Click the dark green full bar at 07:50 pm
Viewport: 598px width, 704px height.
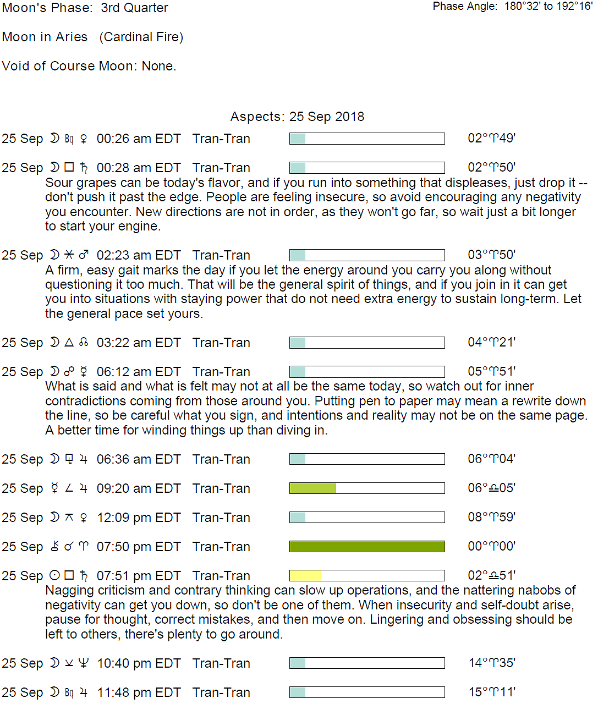coord(367,546)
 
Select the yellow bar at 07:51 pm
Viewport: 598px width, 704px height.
coord(305,575)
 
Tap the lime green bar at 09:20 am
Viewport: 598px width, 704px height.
coord(313,488)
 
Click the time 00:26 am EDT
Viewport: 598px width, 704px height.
coord(139,139)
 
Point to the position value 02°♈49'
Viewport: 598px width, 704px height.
coord(491,138)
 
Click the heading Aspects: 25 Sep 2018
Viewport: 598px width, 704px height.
coord(297,117)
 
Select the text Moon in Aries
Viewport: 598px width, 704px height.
coord(45,37)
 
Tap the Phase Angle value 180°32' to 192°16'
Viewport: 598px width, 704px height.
coord(548,7)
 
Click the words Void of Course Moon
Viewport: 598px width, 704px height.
coord(69,66)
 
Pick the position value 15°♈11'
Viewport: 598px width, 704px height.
coord(491,692)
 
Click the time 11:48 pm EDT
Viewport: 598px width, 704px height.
coord(139,692)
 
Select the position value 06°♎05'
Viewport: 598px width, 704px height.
coord(491,488)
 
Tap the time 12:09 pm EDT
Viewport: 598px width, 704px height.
coord(139,518)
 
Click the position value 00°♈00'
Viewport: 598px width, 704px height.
coord(491,546)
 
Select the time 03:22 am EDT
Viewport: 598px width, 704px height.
coord(139,343)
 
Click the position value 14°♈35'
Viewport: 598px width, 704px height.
coord(491,663)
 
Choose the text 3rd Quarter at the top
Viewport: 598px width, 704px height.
coord(134,8)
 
